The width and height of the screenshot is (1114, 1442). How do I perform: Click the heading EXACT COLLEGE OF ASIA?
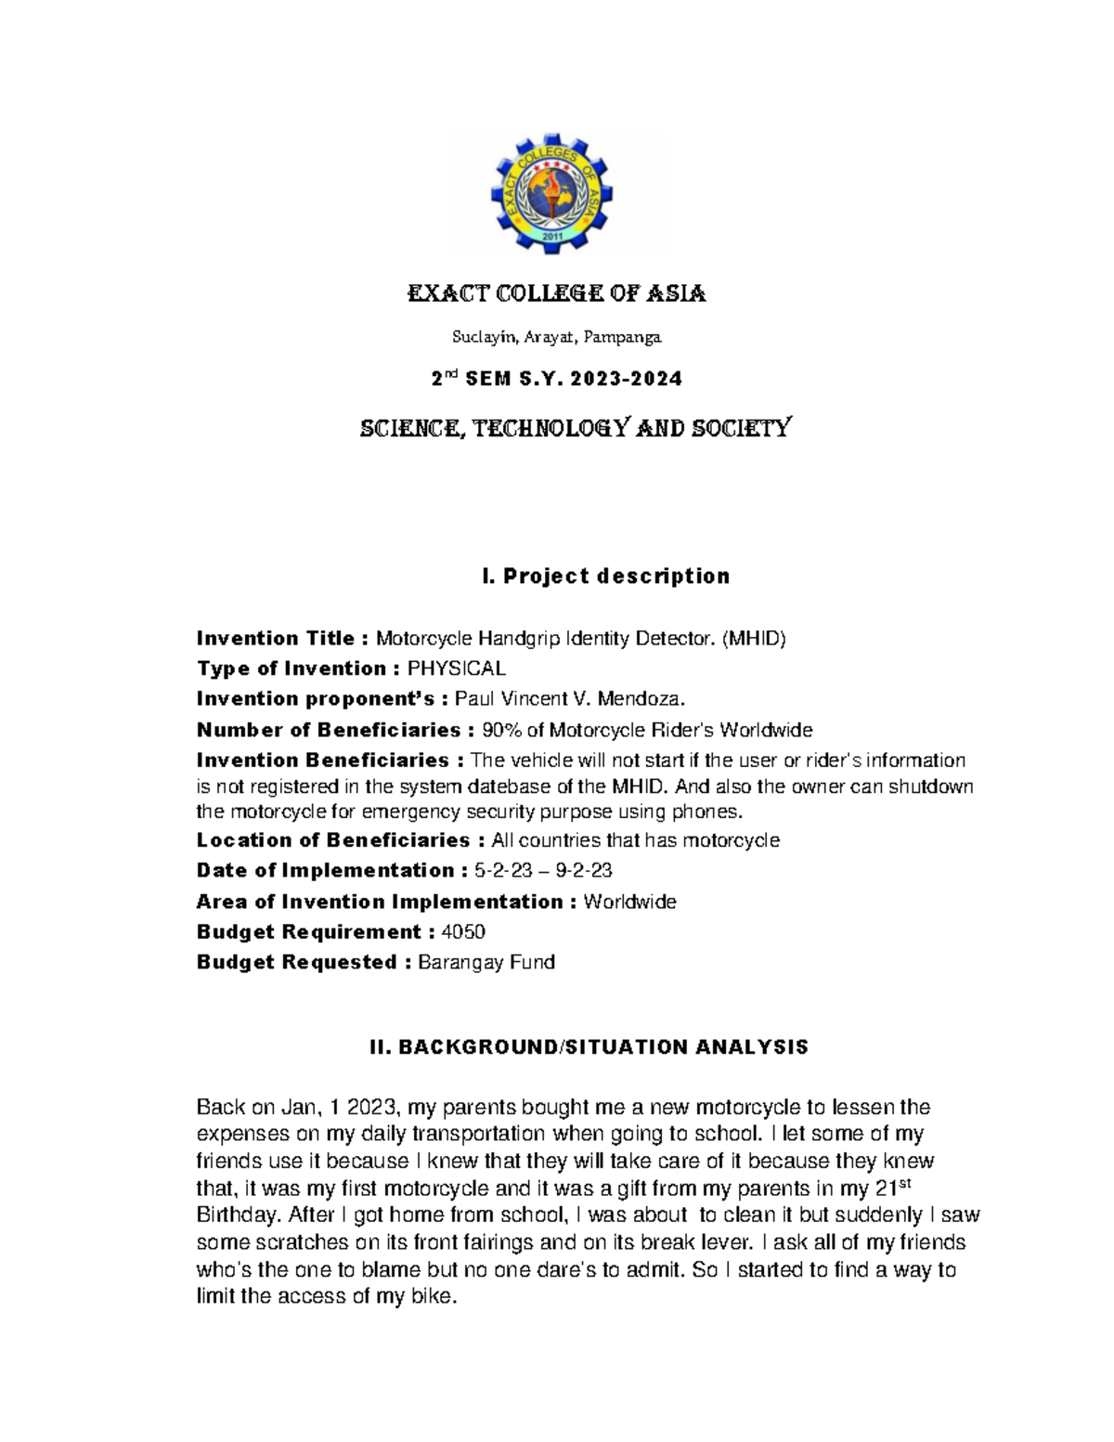pos(557,294)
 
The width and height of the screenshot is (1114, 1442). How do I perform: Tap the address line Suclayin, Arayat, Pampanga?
pos(557,337)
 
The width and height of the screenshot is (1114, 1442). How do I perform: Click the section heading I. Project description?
pos(605,577)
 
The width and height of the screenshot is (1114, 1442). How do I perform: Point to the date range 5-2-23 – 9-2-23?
pos(542,871)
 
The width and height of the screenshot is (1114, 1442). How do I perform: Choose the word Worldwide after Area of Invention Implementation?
pos(629,902)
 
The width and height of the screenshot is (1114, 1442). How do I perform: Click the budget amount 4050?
pos(464,932)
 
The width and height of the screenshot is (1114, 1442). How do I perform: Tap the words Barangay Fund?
pos(486,963)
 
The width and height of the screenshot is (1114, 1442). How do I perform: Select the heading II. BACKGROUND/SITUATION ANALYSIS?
pos(589,1047)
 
